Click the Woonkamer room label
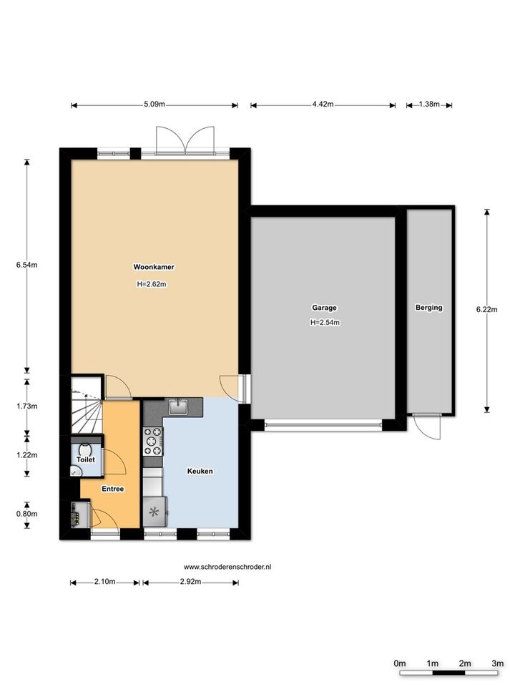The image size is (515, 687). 154,267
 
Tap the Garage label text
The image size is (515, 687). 325,308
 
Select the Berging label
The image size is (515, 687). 428,308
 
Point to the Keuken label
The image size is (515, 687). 200,471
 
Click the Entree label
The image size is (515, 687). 113,489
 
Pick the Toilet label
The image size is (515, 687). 86,459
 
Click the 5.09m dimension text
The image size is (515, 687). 154,104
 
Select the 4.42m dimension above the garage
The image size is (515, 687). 323,104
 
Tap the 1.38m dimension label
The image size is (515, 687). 429,104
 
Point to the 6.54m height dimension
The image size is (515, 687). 26,265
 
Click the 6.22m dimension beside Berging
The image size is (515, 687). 486,309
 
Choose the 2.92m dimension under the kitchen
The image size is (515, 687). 190,582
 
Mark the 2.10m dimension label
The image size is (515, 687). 104,582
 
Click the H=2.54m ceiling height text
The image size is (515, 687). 325,323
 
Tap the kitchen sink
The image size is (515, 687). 178,406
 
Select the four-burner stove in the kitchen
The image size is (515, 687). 153,442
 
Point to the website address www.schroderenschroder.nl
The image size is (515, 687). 227,567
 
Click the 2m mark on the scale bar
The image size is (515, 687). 465,663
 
